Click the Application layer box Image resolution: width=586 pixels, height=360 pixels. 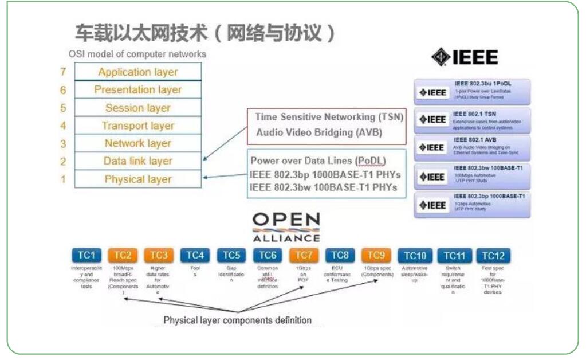138,72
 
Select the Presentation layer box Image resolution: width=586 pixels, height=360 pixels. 138,90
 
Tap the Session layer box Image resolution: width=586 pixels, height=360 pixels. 138,108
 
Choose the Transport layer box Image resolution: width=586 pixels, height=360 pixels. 138,126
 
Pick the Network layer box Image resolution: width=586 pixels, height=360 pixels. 138,143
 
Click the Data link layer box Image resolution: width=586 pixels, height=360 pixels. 138,161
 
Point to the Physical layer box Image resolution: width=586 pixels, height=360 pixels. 138,179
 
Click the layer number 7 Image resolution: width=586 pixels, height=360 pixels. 63,72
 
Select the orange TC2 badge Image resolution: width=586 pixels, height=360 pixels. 123,255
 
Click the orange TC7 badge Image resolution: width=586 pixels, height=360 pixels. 304,255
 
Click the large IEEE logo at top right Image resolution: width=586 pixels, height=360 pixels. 465,57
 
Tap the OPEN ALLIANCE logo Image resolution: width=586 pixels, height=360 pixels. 286,227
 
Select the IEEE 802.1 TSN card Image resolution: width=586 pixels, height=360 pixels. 473,120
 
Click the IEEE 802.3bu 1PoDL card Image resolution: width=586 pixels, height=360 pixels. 473,92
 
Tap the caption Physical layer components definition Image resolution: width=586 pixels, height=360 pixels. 238,320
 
